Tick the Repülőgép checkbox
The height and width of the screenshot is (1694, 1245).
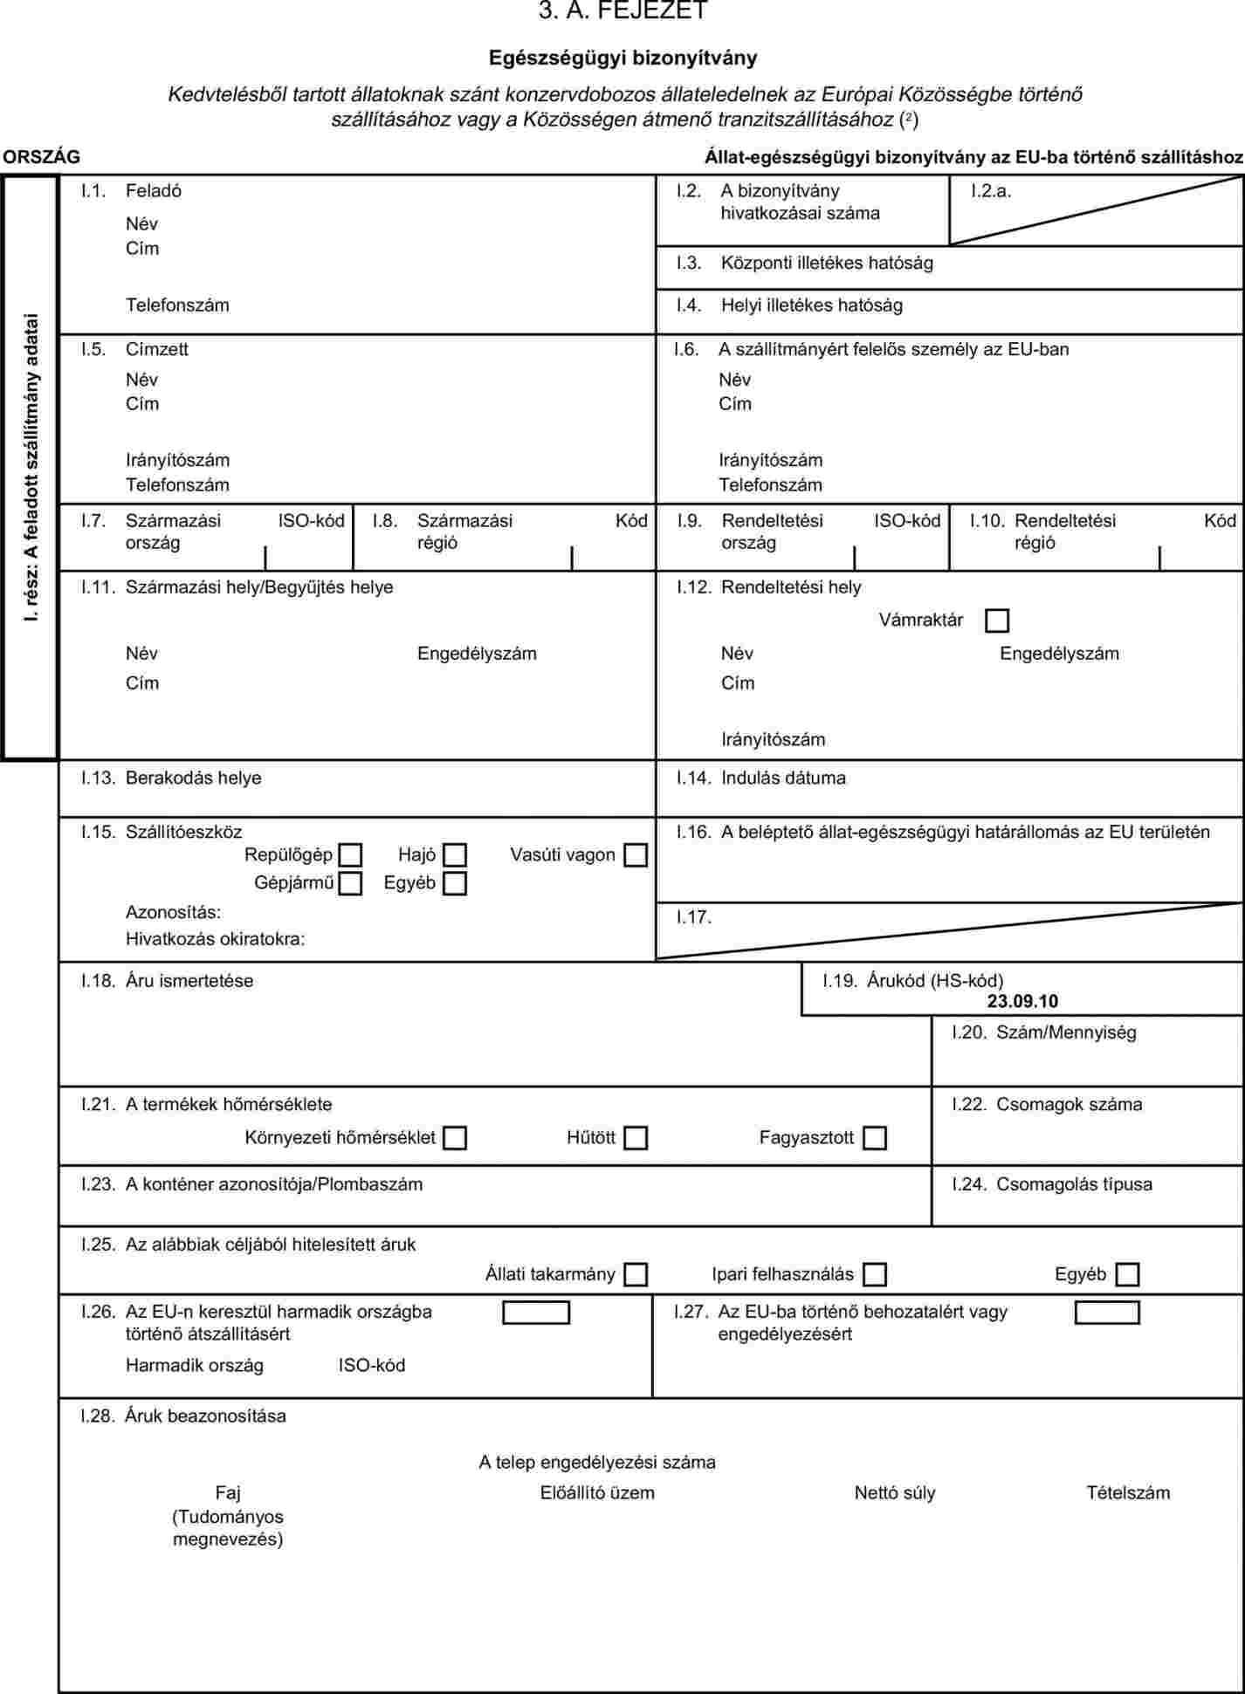(350, 855)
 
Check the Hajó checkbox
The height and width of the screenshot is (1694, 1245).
(454, 855)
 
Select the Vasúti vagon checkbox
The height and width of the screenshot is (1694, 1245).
(636, 855)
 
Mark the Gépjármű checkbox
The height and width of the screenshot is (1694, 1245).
(350, 883)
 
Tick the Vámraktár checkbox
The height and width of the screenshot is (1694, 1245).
(996, 621)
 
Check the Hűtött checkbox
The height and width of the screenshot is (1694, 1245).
(636, 1138)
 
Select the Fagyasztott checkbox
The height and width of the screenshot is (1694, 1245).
(874, 1138)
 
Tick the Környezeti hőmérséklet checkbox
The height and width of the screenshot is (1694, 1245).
(454, 1138)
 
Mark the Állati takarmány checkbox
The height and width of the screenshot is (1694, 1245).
(636, 1274)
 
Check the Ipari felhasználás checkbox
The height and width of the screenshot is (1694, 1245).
(874, 1274)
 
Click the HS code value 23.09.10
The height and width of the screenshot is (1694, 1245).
(1022, 1002)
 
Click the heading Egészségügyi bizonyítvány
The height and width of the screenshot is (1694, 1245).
(622, 58)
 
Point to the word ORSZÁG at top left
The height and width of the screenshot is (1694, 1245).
(41, 157)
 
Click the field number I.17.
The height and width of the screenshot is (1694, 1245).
(694, 917)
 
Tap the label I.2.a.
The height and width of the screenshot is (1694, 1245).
(991, 191)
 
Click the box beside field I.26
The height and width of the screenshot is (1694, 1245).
(536, 1313)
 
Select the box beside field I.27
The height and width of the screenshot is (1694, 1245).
(1107, 1313)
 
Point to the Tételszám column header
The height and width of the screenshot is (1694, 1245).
(1128, 1493)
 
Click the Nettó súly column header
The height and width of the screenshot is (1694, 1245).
(895, 1493)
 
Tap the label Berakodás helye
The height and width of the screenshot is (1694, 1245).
(193, 778)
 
